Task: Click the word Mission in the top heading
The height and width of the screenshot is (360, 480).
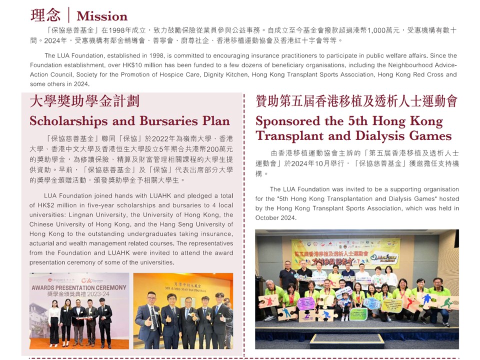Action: tap(102, 16)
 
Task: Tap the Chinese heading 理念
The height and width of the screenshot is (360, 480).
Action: tap(45, 15)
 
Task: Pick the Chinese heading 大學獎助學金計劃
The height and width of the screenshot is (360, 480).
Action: tap(84, 101)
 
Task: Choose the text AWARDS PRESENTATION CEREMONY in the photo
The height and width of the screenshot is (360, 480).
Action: tap(79, 288)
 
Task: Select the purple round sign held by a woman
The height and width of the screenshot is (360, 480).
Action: tap(305, 303)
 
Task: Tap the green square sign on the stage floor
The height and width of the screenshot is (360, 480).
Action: tap(358, 314)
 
